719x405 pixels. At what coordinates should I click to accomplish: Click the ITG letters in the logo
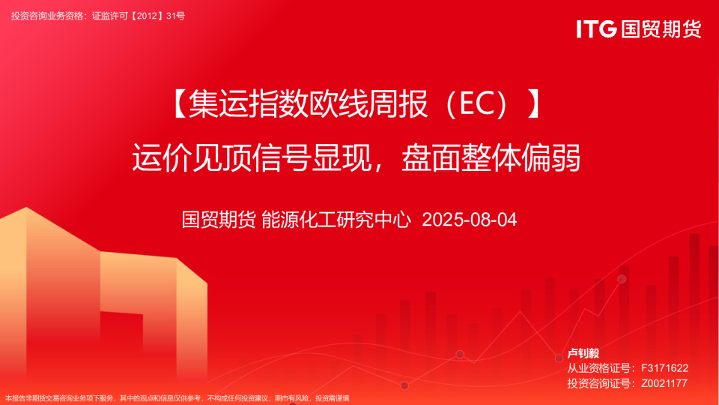[596, 29]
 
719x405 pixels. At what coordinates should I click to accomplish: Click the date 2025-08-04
[470, 220]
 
